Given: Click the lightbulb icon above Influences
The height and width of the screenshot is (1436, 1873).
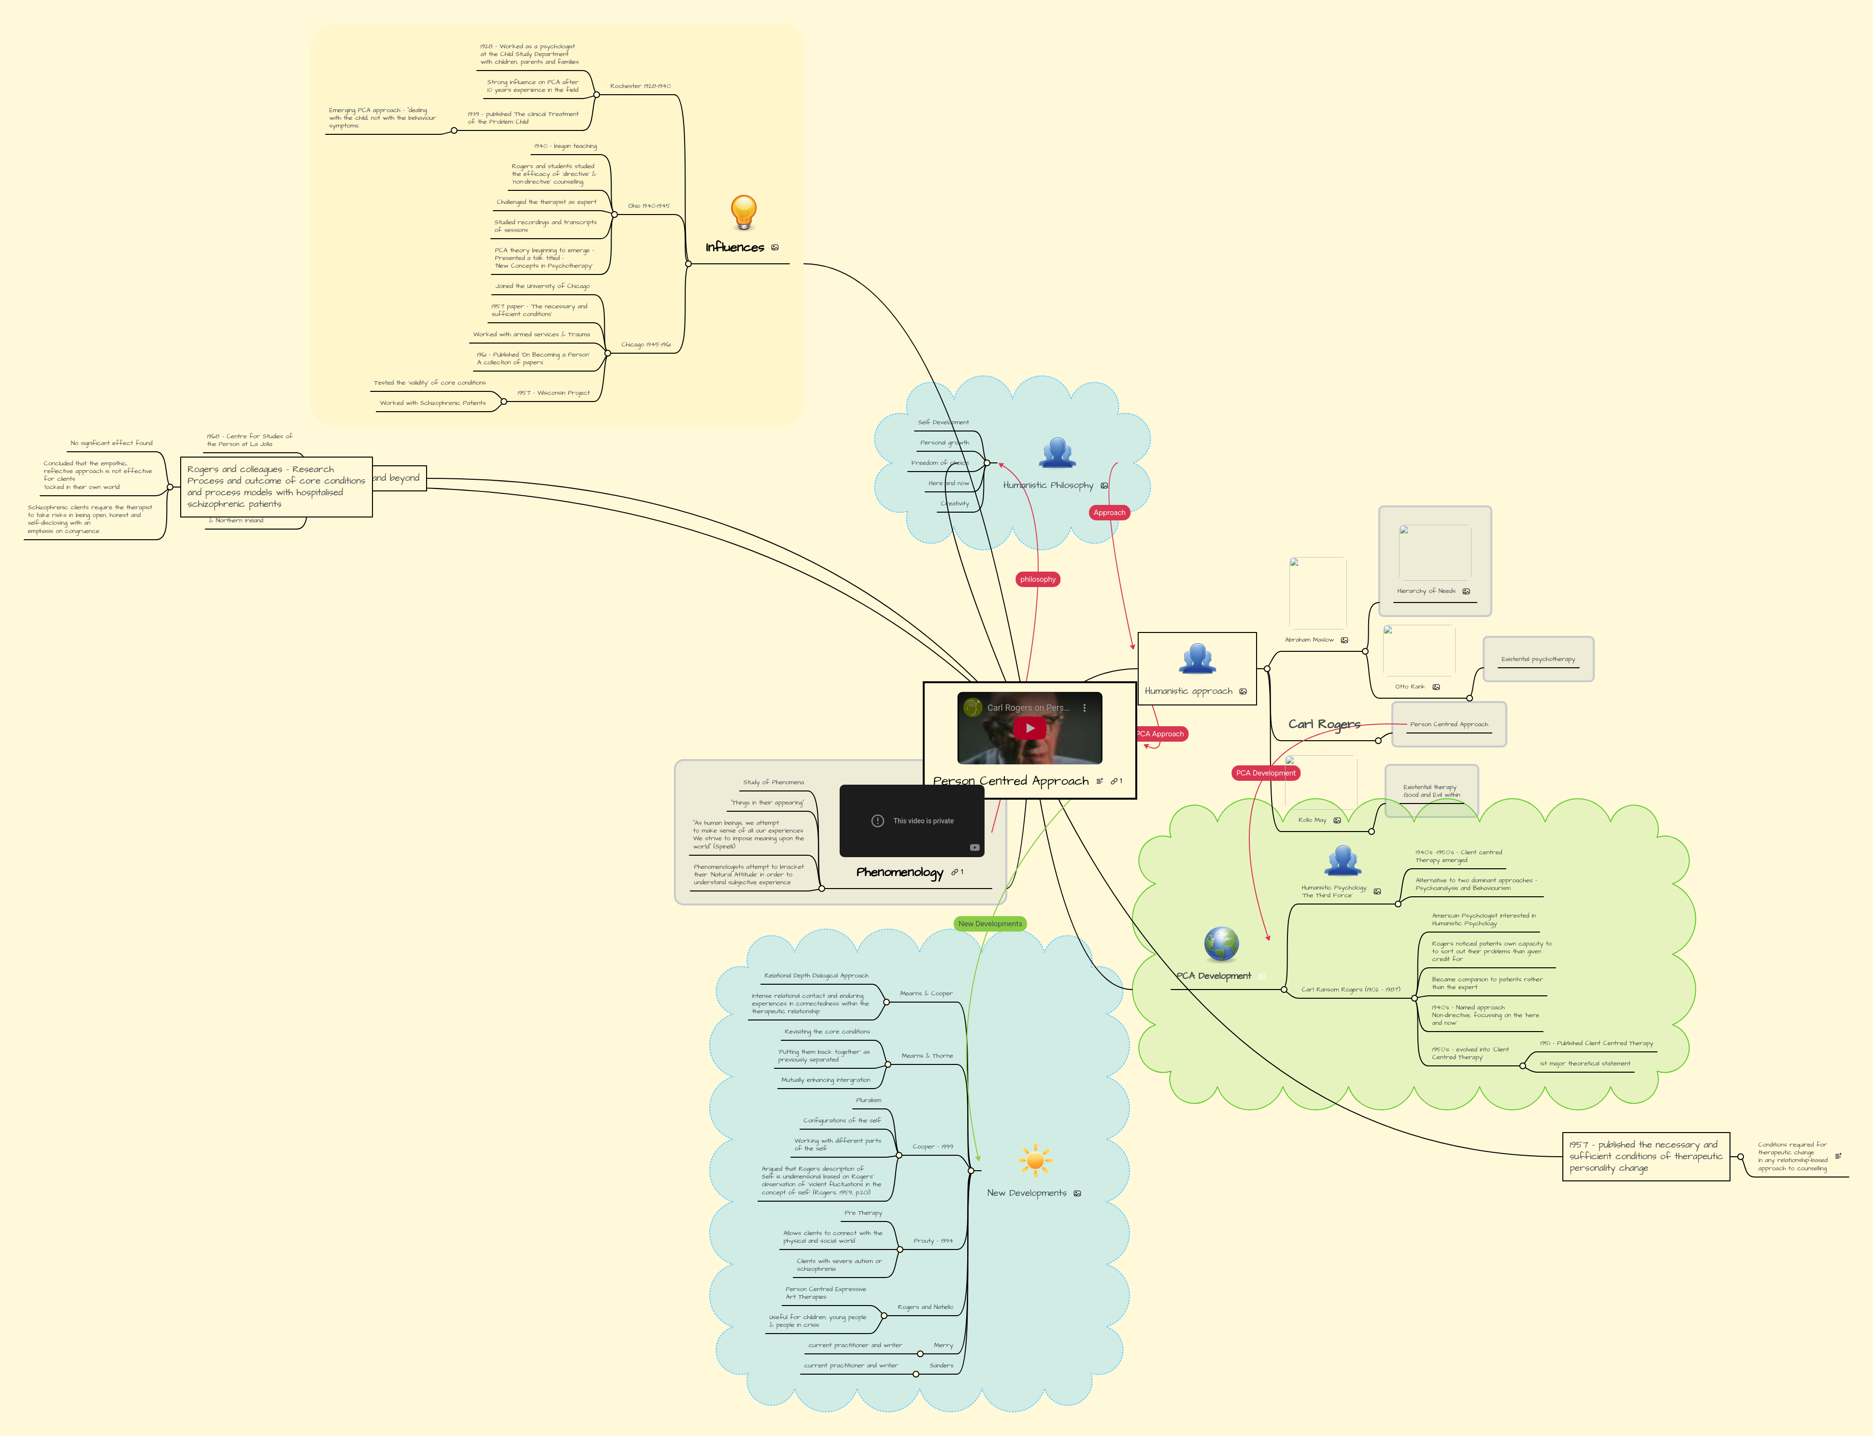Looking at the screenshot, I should pyautogui.click(x=743, y=211).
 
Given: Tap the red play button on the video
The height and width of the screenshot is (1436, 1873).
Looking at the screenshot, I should pyautogui.click(x=1029, y=728).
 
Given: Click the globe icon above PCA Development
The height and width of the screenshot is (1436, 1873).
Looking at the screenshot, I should pyautogui.click(x=1221, y=944).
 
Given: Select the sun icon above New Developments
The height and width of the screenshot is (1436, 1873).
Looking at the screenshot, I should pyautogui.click(x=1035, y=1160).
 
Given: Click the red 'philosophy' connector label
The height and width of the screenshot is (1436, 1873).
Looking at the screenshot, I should pyautogui.click(x=1037, y=579).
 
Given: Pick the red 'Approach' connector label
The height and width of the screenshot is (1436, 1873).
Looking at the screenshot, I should pyautogui.click(x=1109, y=513).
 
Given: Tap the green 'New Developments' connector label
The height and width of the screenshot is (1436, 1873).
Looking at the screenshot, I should pyautogui.click(x=989, y=924).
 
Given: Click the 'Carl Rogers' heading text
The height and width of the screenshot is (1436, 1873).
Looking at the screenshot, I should pyautogui.click(x=1324, y=724).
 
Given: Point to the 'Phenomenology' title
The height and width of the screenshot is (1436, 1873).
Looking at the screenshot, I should pyautogui.click(x=899, y=872).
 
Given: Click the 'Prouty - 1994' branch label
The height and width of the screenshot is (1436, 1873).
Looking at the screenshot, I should pyautogui.click(x=932, y=1240).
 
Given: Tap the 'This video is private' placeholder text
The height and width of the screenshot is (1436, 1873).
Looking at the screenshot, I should pyautogui.click(x=923, y=820).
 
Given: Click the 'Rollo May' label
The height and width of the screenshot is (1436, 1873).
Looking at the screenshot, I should pyautogui.click(x=1312, y=820).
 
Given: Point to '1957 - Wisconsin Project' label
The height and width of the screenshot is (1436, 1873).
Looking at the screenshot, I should pyautogui.click(x=553, y=393).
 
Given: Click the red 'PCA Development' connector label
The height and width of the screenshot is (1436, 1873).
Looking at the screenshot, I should pyautogui.click(x=1265, y=773).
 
